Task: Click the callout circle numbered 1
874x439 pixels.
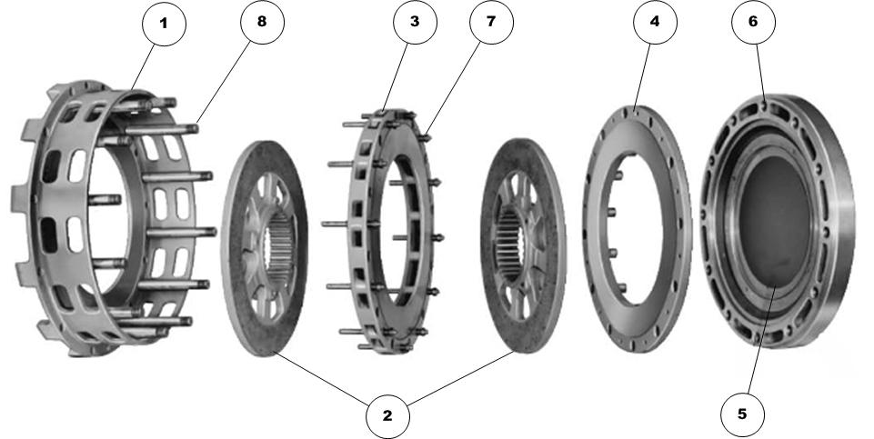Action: tap(164, 24)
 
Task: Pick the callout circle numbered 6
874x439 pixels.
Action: tap(752, 24)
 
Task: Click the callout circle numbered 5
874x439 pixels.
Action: tap(742, 414)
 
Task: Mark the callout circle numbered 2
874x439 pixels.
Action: tap(387, 415)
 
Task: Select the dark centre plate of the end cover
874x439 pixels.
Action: tap(773, 227)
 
